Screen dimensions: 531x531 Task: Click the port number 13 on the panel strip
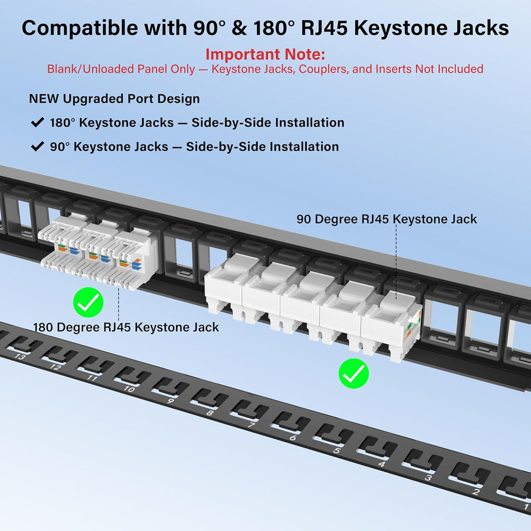pos(20,356)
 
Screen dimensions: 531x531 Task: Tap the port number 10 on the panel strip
pos(129,388)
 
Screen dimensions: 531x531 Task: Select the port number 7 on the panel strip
pos(251,425)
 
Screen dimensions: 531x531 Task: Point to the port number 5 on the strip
pos(337,451)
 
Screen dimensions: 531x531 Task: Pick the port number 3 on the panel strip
pos(428,478)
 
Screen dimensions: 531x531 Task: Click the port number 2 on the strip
pos(476,492)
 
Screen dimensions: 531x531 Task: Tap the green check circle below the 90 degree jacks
pos(354,373)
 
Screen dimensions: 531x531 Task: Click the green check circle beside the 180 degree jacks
pos(88,302)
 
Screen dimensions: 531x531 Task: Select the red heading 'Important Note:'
pos(265,54)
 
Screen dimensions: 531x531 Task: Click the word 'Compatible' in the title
pos(80,28)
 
